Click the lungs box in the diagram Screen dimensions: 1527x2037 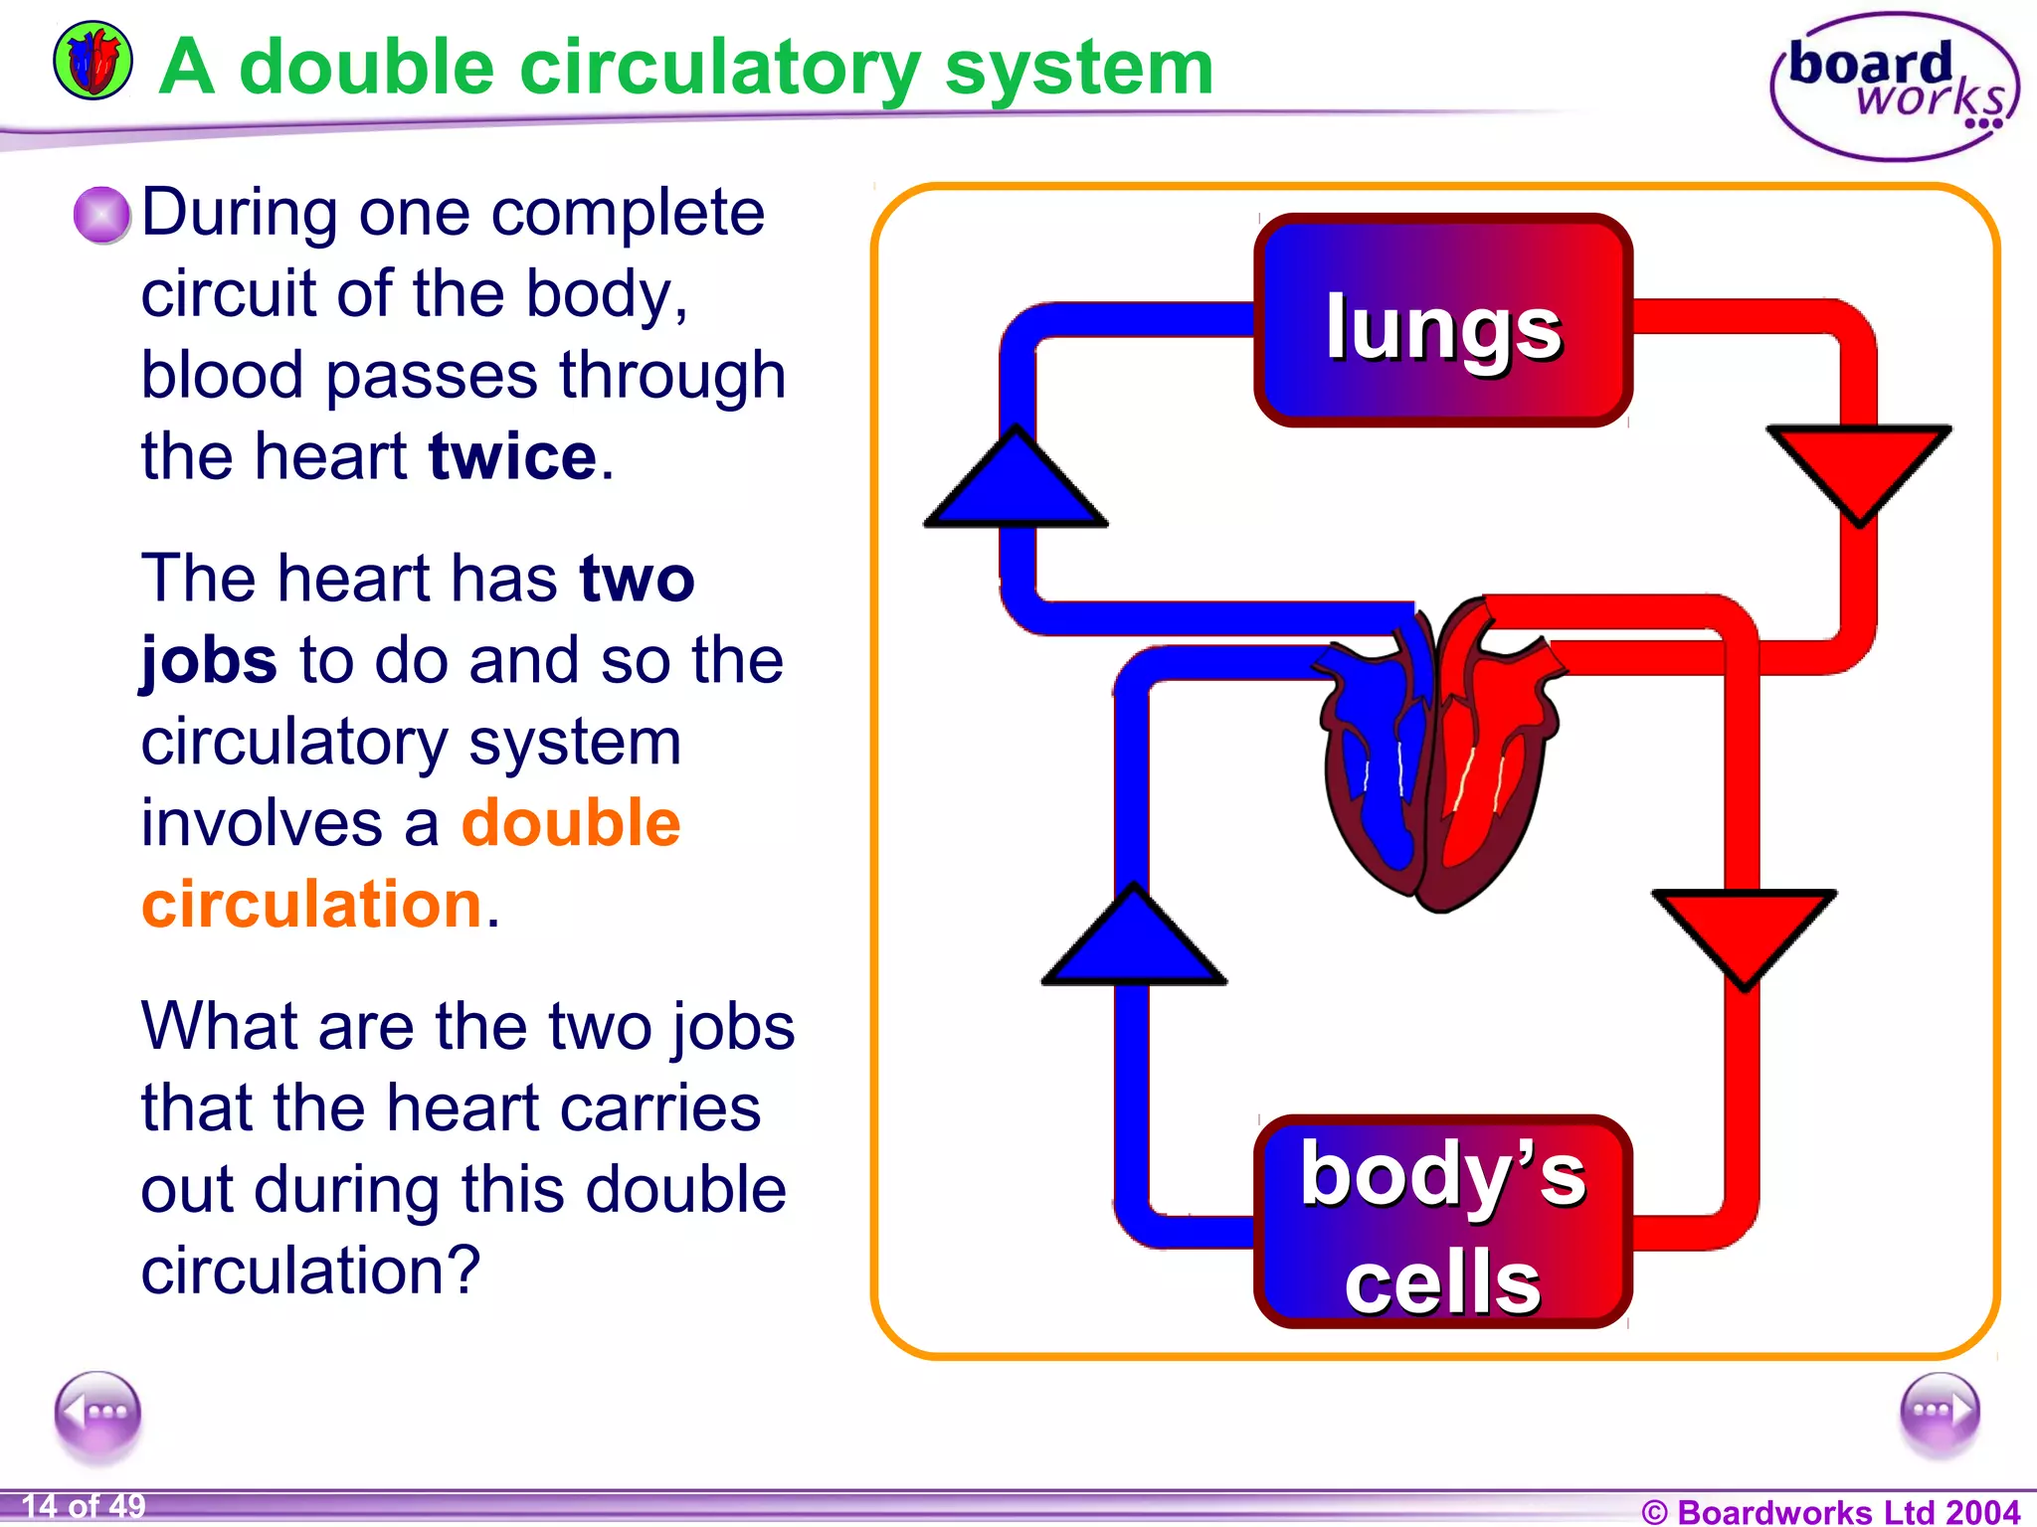pos(1442,321)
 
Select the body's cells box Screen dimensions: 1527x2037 pos(1442,1222)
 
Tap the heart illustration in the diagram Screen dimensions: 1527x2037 pos(1438,756)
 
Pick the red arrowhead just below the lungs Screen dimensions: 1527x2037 pos(1858,468)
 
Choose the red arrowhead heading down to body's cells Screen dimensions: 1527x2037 pos(1745,933)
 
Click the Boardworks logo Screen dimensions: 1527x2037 pos(1895,87)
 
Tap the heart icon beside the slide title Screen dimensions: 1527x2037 pos(93,62)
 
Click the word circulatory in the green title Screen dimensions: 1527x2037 pos(720,70)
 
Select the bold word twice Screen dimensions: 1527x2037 pos(512,457)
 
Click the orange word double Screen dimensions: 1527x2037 pos(571,823)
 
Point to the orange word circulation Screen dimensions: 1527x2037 pos(311,905)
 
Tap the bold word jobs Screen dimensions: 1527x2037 pos(209,661)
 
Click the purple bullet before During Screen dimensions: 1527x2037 pos(101,215)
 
